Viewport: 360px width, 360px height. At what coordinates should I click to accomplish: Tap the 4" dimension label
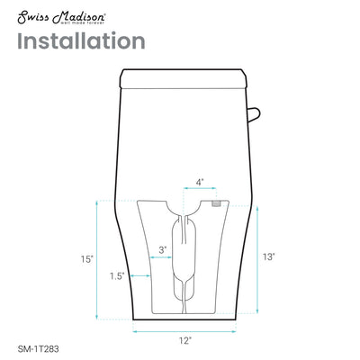pos(200,182)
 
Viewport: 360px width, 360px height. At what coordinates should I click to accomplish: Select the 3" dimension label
pos(162,249)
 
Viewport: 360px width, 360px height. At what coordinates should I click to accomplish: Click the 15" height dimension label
pos(85,259)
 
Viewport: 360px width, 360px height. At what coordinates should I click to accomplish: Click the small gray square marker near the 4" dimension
pos(216,203)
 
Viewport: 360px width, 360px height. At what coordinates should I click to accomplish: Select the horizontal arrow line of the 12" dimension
pos(184,330)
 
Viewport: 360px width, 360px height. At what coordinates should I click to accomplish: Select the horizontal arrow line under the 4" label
pos(200,191)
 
